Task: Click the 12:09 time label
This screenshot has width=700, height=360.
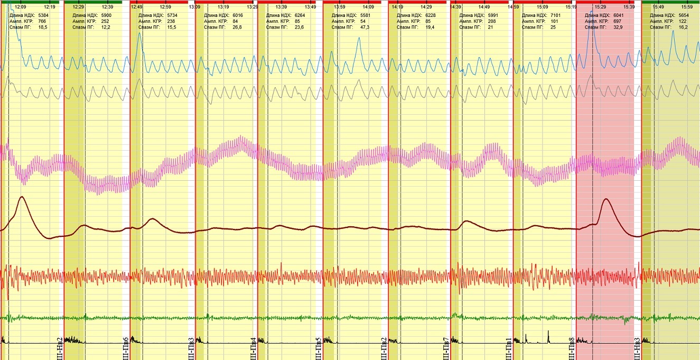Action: (21, 7)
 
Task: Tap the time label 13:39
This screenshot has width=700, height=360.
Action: (281, 7)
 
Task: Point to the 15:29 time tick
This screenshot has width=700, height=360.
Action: (600, 7)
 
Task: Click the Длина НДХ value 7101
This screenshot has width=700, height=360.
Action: (565, 16)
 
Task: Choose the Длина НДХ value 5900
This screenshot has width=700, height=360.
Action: (106, 16)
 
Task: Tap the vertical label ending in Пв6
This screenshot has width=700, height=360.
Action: (125, 348)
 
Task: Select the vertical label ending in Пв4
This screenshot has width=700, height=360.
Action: (254, 348)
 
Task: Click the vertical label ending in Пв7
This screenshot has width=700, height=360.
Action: (446, 348)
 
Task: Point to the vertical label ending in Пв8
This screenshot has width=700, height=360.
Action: (572, 348)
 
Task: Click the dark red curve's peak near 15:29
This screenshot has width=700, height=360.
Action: (606, 199)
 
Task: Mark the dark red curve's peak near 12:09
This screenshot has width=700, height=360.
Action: (21, 197)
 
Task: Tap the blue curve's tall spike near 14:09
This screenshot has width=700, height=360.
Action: (359, 38)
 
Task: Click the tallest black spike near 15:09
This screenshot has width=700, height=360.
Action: (548, 331)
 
